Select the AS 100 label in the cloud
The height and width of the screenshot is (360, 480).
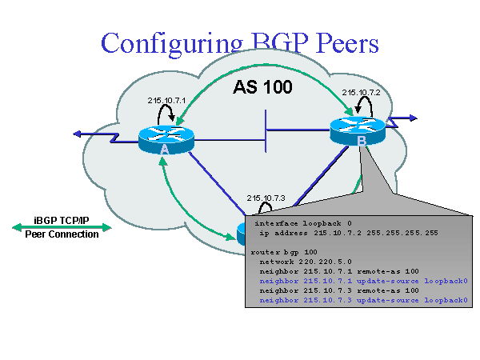tap(262, 86)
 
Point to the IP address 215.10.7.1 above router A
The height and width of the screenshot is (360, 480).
tap(166, 100)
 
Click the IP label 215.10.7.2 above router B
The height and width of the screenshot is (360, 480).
tap(360, 92)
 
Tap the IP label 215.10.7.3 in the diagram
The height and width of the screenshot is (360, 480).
tap(266, 198)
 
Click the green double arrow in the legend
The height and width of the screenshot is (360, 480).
tap(62, 227)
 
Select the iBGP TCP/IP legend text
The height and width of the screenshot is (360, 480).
tap(62, 218)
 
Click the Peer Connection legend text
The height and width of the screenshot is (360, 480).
tap(62, 234)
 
